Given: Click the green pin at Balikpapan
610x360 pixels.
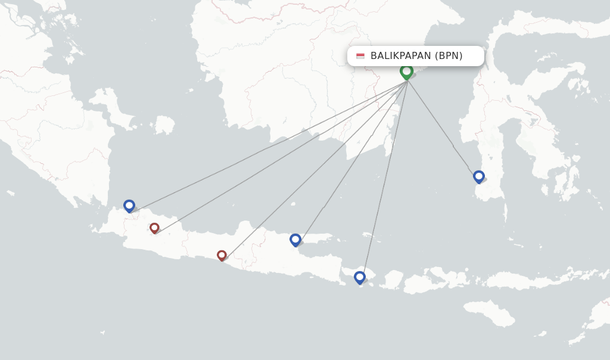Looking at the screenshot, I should click(x=406, y=72).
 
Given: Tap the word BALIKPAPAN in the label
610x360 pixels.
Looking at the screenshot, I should click(x=400, y=56).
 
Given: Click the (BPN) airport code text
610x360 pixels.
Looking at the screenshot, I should click(x=449, y=56).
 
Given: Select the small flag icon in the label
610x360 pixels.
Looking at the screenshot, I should click(x=360, y=56).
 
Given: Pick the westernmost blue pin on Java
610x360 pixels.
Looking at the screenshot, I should click(x=129, y=206).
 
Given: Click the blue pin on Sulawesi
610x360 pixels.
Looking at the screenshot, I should click(x=478, y=176).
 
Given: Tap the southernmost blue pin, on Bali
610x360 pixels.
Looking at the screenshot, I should click(x=359, y=277).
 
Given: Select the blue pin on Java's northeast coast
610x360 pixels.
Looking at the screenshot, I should click(x=295, y=240).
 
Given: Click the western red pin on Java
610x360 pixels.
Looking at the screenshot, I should click(x=154, y=228).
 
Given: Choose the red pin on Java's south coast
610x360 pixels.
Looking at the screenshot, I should click(x=222, y=255).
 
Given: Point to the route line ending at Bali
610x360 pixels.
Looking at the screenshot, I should click(x=384, y=179).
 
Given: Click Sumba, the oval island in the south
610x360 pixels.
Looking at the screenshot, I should click(x=488, y=312).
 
